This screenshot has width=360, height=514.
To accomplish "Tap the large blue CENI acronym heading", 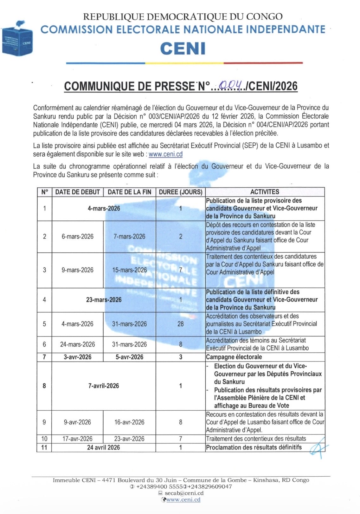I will pyautogui.click(x=183, y=49).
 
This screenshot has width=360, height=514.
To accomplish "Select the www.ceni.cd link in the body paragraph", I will pyautogui.click(x=165, y=154).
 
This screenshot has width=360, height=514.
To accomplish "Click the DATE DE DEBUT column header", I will pyautogui.click(x=77, y=192).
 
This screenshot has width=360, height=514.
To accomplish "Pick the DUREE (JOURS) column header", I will pyautogui.click(x=180, y=192).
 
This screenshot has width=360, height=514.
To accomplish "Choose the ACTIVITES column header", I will pyautogui.click(x=265, y=192).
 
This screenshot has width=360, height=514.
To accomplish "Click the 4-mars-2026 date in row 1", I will pyautogui.click(x=104, y=208).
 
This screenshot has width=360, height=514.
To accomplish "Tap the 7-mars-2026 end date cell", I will pyautogui.click(x=129, y=237).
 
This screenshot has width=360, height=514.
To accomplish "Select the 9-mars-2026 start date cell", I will pyautogui.click(x=77, y=270).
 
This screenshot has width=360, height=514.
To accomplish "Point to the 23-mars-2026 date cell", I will pyautogui.click(x=104, y=300).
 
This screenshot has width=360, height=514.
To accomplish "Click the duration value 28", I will pyautogui.click(x=180, y=324).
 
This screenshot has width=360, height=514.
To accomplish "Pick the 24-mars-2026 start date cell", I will pyautogui.click(x=77, y=344).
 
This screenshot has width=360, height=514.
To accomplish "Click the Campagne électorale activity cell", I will pyautogui.click(x=234, y=357).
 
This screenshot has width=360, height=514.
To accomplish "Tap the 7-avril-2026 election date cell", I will pyautogui.click(x=104, y=386).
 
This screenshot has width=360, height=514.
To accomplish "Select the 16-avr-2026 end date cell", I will pyautogui.click(x=129, y=422).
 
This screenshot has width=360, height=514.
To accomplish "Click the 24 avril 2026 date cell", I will pyautogui.click(x=104, y=447).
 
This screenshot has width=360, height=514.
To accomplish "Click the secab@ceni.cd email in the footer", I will pyautogui.click(x=184, y=493).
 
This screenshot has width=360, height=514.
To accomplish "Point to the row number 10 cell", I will pyautogui.click(x=44, y=439).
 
